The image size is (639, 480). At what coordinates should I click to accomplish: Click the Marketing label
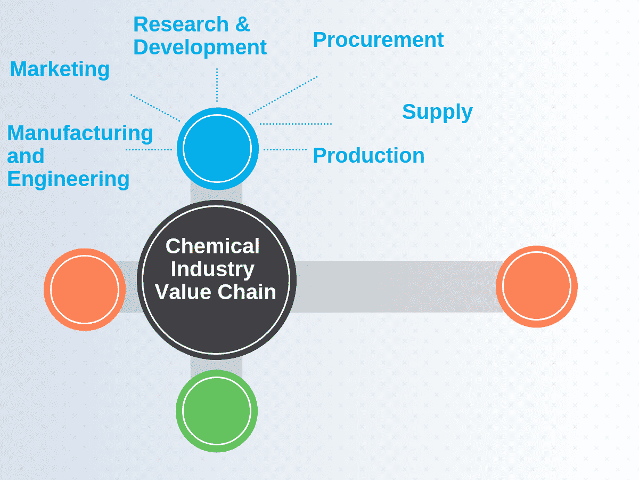coord(60,69)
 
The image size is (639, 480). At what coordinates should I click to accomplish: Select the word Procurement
coord(378,40)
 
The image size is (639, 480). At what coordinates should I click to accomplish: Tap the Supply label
coord(437,112)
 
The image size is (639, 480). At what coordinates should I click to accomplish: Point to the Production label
coord(368,155)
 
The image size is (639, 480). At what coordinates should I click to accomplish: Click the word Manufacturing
coord(80,133)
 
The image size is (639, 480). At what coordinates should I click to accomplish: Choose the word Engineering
coord(68,179)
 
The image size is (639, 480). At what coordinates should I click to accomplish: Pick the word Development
coord(200,47)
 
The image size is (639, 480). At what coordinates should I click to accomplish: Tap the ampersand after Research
coord(242,25)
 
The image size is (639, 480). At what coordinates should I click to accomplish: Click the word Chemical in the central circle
coord(212,246)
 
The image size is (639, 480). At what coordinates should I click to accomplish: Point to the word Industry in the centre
coord(212,269)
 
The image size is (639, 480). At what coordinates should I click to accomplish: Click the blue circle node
coord(217,149)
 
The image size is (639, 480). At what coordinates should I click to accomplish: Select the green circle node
coord(217,411)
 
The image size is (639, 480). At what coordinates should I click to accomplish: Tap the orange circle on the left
coord(85,289)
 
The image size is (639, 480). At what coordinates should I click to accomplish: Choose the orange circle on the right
coord(536,286)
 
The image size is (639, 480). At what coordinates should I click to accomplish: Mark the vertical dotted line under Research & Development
coord(217,85)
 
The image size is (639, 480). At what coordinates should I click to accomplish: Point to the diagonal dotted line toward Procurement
coord(283,95)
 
